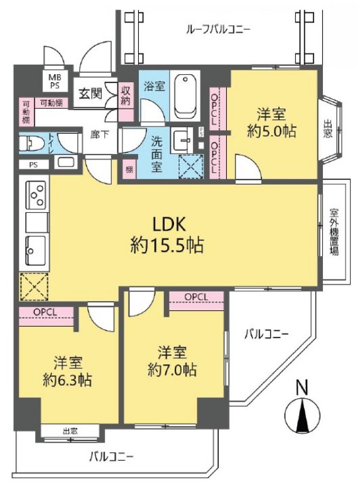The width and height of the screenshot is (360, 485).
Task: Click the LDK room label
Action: [167, 224]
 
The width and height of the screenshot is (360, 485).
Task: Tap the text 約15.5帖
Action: [167, 246]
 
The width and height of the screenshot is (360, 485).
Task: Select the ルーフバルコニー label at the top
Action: [218, 29]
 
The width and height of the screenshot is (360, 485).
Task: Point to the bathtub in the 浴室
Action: [186, 96]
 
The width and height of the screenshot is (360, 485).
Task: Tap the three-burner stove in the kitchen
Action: [35, 194]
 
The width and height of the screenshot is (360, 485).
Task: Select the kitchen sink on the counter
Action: [35, 252]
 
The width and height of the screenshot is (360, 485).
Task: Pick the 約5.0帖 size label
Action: [271, 132]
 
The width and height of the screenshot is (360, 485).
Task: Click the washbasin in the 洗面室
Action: [183, 139]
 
